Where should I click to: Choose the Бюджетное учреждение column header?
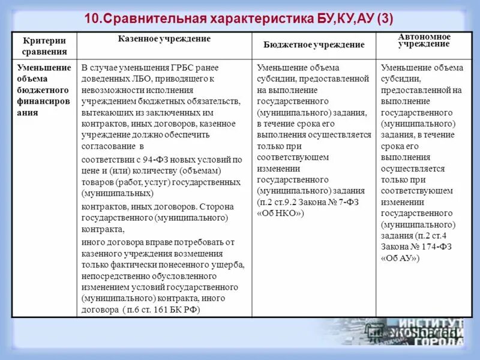[x=314, y=45]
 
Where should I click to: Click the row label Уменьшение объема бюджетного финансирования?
[x=44, y=90]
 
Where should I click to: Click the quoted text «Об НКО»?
[x=281, y=214]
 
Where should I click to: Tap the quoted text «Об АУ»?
[x=400, y=259]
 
